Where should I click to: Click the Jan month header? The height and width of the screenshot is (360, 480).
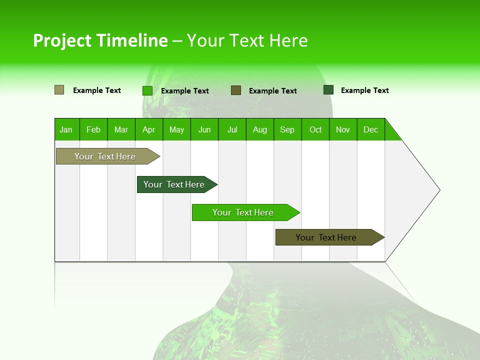click(x=66, y=129)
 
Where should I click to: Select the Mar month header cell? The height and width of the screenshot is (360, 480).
click(x=121, y=129)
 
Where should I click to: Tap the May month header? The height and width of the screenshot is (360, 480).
click(x=176, y=129)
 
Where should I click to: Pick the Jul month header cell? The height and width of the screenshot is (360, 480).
click(x=232, y=129)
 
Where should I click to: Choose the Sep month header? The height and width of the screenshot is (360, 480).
click(x=287, y=129)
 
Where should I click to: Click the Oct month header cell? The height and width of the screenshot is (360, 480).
click(x=315, y=129)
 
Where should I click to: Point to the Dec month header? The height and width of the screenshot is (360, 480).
click(x=371, y=129)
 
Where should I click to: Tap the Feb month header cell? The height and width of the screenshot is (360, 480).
click(x=93, y=129)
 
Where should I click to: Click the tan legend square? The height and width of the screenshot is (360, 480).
click(x=59, y=90)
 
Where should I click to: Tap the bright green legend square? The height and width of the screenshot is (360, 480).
click(x=147, y=90)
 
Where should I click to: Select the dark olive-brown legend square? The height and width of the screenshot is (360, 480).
click(x=236, y=90)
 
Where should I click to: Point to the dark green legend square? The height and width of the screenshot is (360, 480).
click(x=328, y=89)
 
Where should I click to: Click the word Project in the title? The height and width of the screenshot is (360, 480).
click(x=62, y=40)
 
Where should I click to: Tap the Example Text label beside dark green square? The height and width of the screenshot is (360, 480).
click(x=364, y=90)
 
